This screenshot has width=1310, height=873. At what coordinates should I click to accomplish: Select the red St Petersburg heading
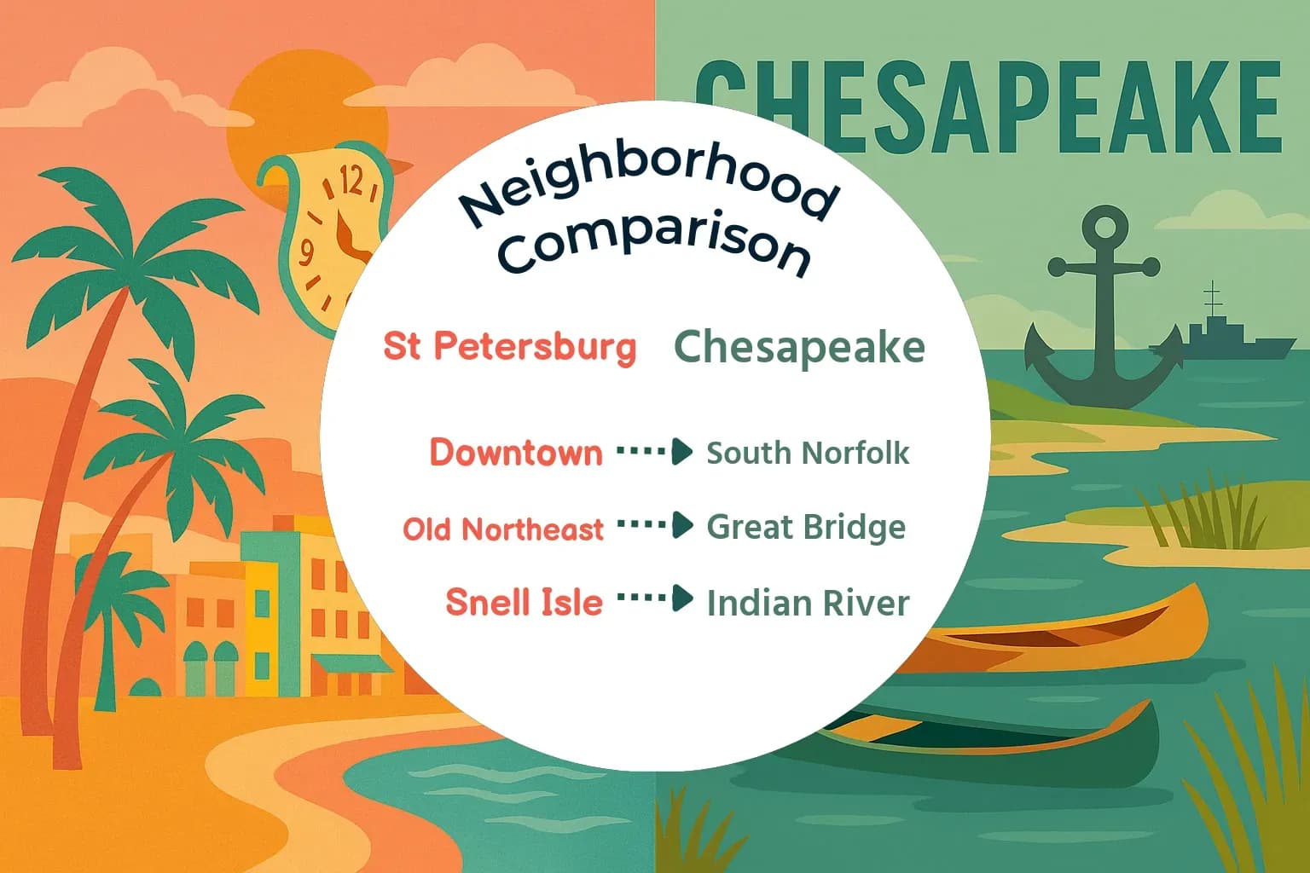coord(510,346)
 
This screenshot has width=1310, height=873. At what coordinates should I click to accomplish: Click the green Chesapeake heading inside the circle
coord(799,347)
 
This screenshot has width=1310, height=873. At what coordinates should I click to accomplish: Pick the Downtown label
coord(516,452)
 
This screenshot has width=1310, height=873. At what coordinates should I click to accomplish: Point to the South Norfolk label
coord(808,453)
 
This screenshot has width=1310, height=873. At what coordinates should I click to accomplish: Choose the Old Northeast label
coord(503,529)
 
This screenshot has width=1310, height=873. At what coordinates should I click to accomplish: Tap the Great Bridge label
coord(806,527)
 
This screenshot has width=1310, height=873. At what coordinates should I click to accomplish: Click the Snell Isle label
coord(524,602)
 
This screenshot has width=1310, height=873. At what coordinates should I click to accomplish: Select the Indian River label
coord(808,603)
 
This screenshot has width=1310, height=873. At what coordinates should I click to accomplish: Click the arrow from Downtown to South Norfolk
coord(654,451)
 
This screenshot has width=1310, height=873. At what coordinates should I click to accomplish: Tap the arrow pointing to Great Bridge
coord(654,524)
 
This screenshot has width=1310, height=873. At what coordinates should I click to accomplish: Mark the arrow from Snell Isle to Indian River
coord(654,598)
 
